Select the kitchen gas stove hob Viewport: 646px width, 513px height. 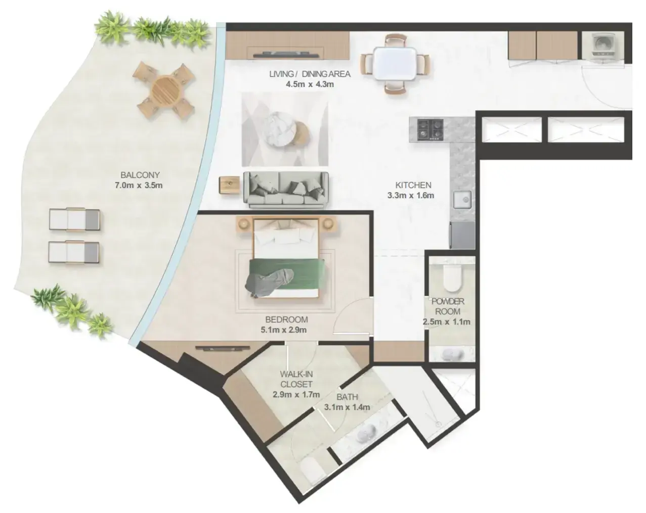tap(431, 129)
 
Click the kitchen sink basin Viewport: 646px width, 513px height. tap(462, 199)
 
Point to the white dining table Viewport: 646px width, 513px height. tap(395, 64)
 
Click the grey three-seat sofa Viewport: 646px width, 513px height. tap(286, 190)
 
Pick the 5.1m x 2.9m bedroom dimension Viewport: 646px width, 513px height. tap(284, 330)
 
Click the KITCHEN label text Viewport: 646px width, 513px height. tap(413, 185)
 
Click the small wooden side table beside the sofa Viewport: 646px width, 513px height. tap(230, 185)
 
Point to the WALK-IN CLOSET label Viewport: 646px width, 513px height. tap(296, 379)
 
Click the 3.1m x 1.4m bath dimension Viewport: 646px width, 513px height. tap(347, 407)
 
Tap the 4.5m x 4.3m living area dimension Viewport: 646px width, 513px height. tap(310, 84)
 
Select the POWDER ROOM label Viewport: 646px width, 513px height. tap(448, 306)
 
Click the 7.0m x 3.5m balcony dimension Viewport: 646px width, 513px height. tap(139, 185)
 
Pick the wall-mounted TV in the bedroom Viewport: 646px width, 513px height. tap(223, 348)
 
